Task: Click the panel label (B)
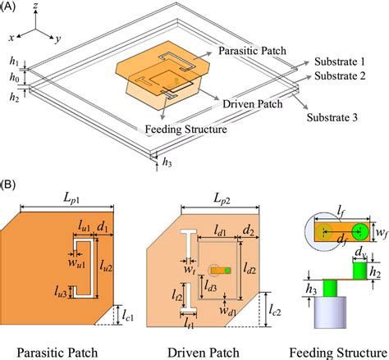click(x=11, y=191)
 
